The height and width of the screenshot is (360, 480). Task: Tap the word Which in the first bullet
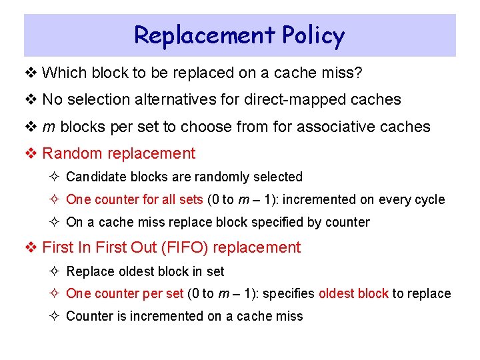pos(63,72)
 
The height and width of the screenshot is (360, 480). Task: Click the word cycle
pos(428,200)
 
